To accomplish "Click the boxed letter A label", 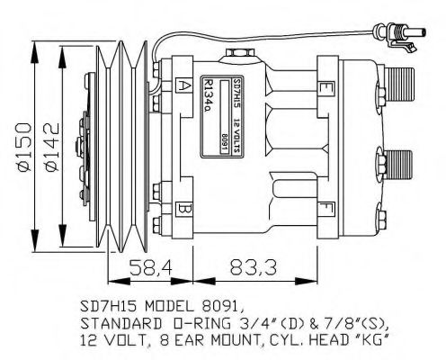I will pos(183,86).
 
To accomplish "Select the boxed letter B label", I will pos(183,210).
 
